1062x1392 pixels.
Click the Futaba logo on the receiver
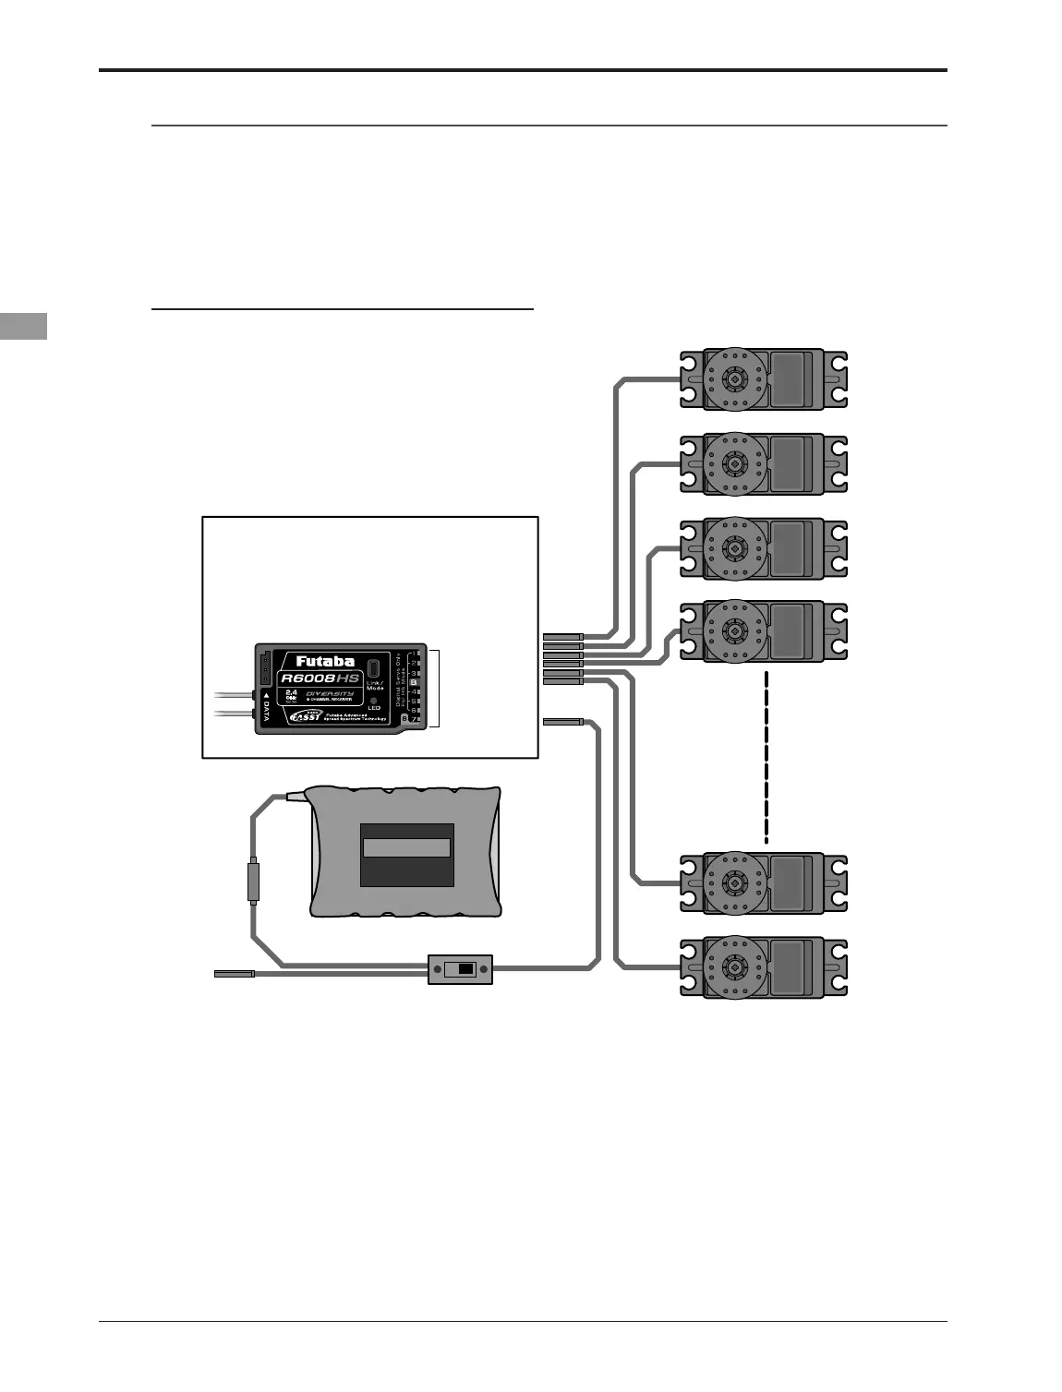click(x=324, y=661)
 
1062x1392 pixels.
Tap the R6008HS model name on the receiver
click(x=320, y=678)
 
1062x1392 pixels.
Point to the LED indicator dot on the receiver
click(x=374, y=701)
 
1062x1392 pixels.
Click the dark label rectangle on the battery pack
click(x=406, y=855)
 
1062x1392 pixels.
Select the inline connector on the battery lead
click(x=253, y=882)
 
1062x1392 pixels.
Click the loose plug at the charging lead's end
click(x=234, y=973)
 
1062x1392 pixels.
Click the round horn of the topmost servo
click(x=735, y=378)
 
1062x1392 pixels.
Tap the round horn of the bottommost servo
click(x=735, y=967)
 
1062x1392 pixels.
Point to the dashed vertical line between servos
click(x=766, y=757)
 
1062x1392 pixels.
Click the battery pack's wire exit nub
click(x=296, y=794)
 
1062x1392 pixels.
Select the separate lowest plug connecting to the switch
click(x=562, y=720)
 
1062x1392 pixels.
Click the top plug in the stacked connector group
click(x=562, y=637)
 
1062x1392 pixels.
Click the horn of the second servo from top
click(x=735, y=463)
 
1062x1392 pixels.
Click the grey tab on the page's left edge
click(x=23, y=327)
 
